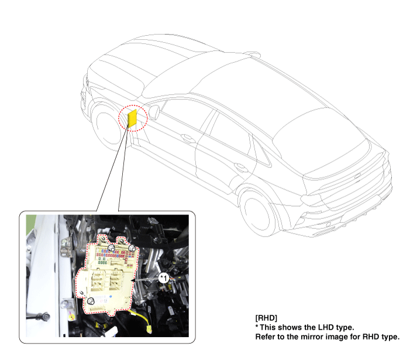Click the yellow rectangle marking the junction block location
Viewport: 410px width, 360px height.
pyautogui.click(x=132, y=118)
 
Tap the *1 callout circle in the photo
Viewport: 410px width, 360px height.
pyautogui.click(x=164, y=278)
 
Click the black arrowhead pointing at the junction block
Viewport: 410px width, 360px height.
pyautogui.click(x=133, y=280)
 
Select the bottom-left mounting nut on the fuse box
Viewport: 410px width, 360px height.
pyautogui.click(x=91, y=301)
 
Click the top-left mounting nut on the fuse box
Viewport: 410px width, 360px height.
pyautogui.click(x=112, y=248)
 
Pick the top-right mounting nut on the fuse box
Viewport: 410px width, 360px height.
pyautogui.click(x=132, y=249)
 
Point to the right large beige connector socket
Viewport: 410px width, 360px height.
pyautogui.click(x=116, y=280)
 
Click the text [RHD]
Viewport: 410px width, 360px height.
pyautogui.click(x=266, y=318)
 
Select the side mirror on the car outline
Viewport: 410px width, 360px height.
pyautogui.click(x=154, y=112)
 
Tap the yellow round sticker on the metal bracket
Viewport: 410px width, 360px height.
pyautogui.click(x=71, y=317)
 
